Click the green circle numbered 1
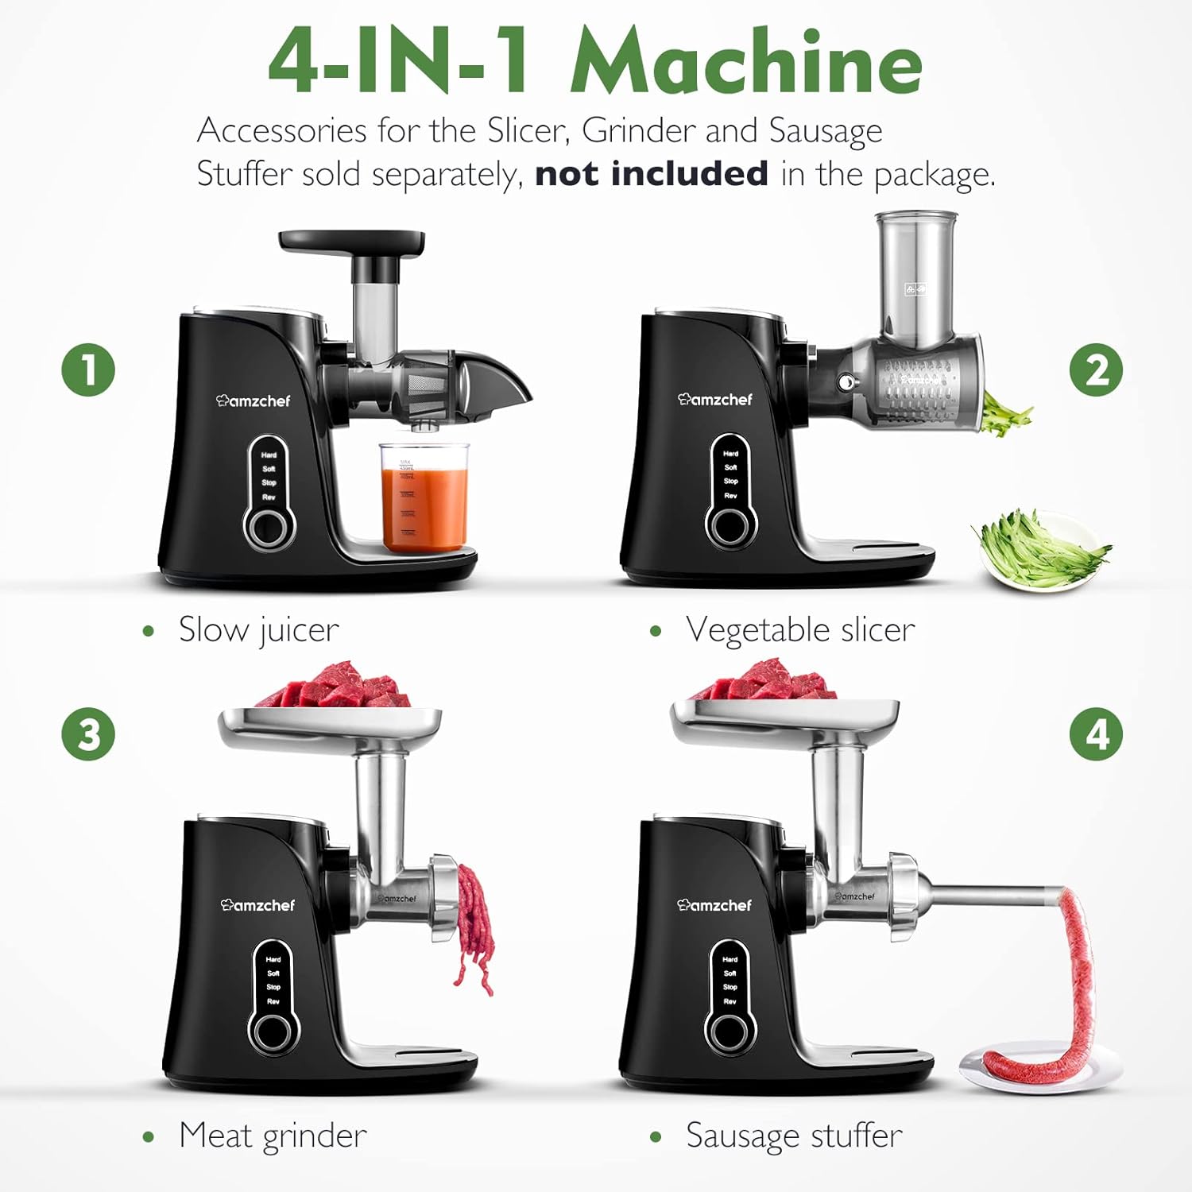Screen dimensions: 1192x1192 pyautogui.click(x=88, y=370)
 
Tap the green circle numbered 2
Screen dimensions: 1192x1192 pyautogui.click(x=1096, y=370)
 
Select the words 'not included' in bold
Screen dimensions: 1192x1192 pyautogui.click(x=651, y=173)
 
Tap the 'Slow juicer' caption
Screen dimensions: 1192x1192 pyautogui.click(x=258, y=629)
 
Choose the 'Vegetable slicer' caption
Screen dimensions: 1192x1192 pyautogui.click(x=799, y=629)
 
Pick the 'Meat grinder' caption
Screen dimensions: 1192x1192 pyautogui.click(x=272, y=1135)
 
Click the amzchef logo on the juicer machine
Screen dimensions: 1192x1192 pyautogui.click(x=253, y=401)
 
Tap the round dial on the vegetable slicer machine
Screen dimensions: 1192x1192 pyautogui.click(x=730, y=525)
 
